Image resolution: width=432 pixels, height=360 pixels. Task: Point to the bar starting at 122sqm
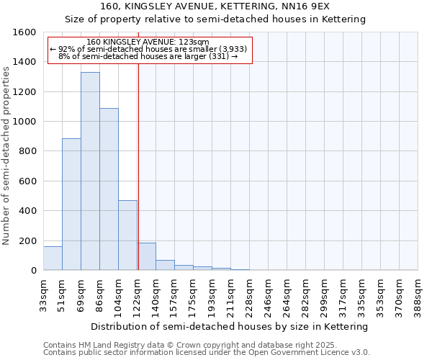pyautogui.click(x=146, y=257)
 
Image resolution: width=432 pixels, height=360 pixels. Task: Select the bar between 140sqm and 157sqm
pyautogui.click(x=165, y=265)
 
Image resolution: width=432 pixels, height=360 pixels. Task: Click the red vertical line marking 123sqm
pyautogui.click(x=138, y=166)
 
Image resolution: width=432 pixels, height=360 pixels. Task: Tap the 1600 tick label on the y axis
pyautogui.click(x=24, y=32)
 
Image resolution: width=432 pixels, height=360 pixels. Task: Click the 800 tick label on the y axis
pyautogui.click(x=27, y=151)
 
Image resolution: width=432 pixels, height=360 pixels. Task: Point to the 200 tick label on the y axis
pyautogui.click(x=27, y=240)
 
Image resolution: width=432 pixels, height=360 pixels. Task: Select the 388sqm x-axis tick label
pyautogui.click(x=418, y=294)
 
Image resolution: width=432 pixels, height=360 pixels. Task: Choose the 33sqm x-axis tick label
pyautogui.click(x=44, y=294)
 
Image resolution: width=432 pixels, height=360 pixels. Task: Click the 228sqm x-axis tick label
pyautogui.click(x=250, y=294)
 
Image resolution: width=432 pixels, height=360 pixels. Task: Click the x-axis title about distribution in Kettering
pyautogui.click(x=230, y=326)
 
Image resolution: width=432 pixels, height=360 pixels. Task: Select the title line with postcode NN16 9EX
pyautogui.click(x=215, y=6)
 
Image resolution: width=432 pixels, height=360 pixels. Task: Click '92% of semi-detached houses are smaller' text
pyautogui.click(x=149, y=49)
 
